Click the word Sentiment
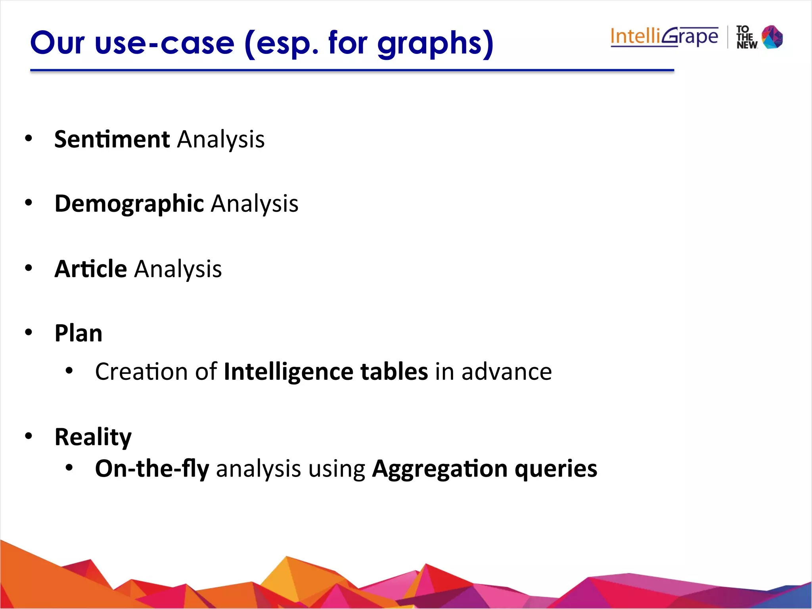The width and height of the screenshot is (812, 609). coord(112,139)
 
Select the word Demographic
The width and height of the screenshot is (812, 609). coord(129,204)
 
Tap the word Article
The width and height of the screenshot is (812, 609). coord(90,269)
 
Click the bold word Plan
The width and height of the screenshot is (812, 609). coord(79,333)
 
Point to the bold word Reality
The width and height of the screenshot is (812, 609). coord(93,437)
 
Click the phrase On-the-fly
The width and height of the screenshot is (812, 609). coord(152,469)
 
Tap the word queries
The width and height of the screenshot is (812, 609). coord(556,469)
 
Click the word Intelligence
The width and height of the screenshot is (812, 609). coord(288,372)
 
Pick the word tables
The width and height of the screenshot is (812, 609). coord(394,372)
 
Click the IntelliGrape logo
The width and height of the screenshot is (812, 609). coord(664,37)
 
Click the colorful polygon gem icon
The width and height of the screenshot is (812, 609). coord(772,37)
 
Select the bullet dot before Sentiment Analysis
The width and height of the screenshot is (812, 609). coord(28,138)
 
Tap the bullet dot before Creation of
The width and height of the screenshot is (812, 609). coord(69,371)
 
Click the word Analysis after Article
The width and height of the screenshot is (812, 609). coord(178,269)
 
